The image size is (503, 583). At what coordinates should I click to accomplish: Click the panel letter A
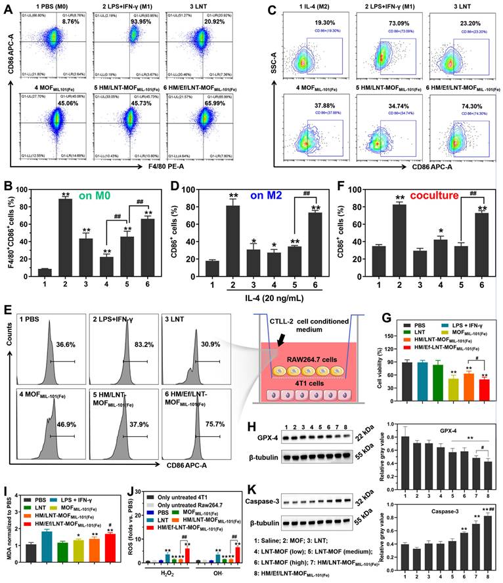pyautogui.click(x=9, y=8)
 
